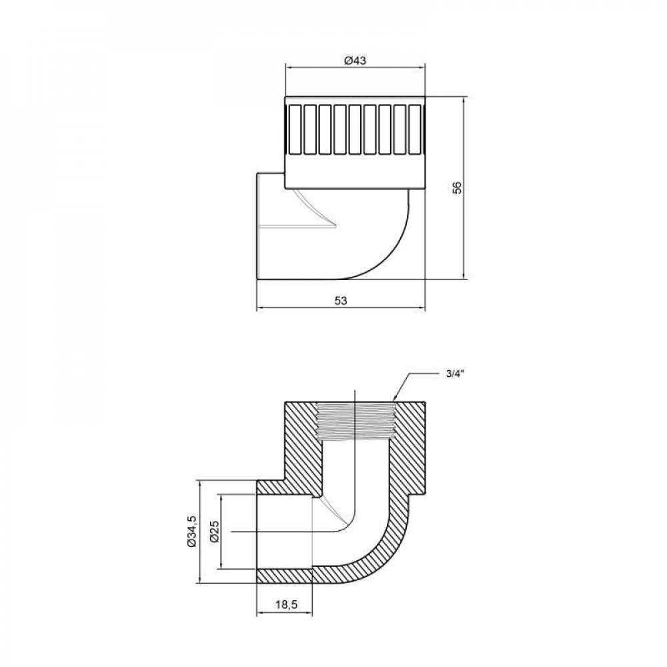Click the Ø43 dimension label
pyautogui.click(x=355, y=60)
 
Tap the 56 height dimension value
pyautogui.click(x=457, y=187)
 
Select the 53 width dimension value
pyautogui.click(x=341, y=301)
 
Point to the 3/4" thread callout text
pyautogui.click(x=456, y=375)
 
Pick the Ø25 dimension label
pyautogui.click(x=213, y=532)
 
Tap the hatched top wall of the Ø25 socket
pyautogui.click(x=283, y=488)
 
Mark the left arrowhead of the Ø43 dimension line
pyautogui.click(x=288, y=67)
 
